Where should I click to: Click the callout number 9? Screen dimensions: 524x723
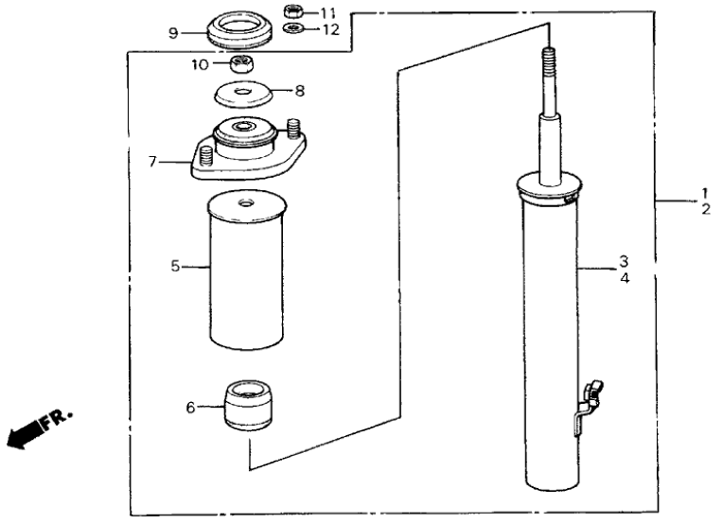coord(173,32)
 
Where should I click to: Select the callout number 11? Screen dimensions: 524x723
coord(327,12)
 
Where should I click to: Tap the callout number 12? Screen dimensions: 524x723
coord(327,29)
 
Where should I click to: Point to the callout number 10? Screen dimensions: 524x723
coord(199,64)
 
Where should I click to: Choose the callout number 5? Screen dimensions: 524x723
coord(175,267)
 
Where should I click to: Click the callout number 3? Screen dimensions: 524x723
coord(625,260)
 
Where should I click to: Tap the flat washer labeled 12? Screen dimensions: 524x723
coord(293,29)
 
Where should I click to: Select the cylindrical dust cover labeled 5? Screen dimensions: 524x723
coord(245,270)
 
